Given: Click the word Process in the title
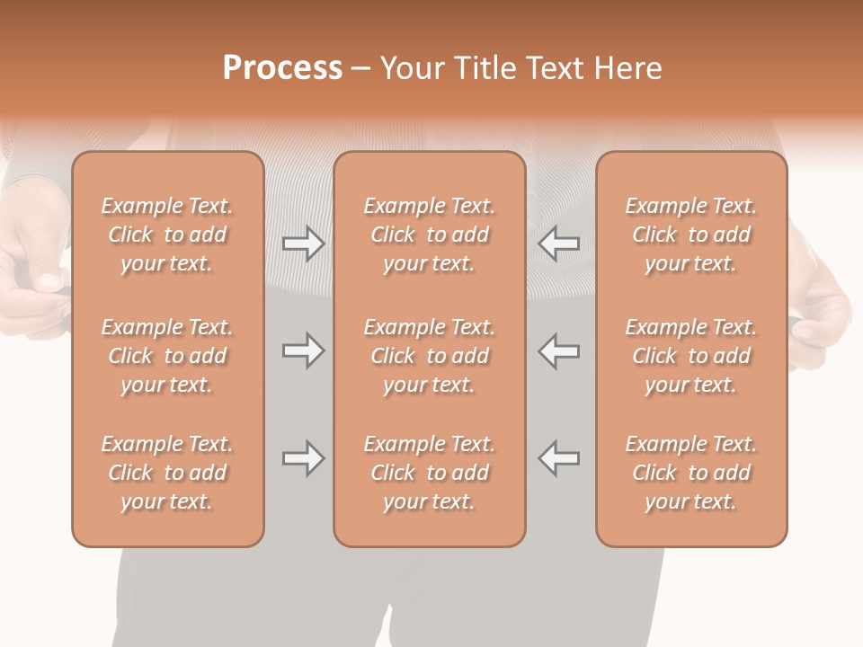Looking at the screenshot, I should click(282, 68).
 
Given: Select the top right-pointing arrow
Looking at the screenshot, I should click(303, 243).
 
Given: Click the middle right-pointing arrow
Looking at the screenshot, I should click(303, 350).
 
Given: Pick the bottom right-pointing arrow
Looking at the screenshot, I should click(303, 458).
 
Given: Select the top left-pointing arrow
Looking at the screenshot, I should click(559, 243).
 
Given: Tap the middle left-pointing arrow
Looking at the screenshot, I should click(559, 350).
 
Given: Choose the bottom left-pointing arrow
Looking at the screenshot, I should click(559, 458).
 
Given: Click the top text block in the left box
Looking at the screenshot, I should click(167, 235).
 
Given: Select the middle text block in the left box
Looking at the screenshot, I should click(167, 356).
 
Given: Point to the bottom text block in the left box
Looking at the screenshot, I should click(167, 473).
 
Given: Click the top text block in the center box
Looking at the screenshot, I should click(429, 235).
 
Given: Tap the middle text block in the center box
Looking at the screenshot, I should click(429, 356).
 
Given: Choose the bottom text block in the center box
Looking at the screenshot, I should click(429, 473).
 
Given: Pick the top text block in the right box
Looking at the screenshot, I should click(690, 235).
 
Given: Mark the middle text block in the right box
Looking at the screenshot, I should click(690, 356).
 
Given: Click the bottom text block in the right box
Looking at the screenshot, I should click(690, 473).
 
